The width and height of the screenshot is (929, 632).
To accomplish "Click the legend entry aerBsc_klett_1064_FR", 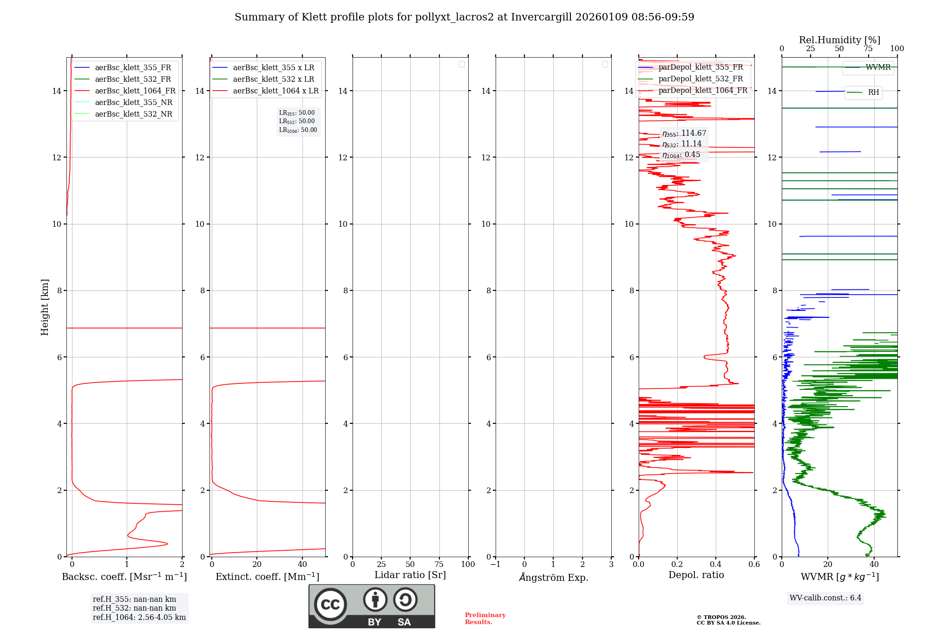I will (x=135, y=91).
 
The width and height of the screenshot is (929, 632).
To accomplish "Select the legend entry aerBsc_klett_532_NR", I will (x=133, y=114).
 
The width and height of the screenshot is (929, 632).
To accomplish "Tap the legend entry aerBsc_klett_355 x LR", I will (x=273, y=68).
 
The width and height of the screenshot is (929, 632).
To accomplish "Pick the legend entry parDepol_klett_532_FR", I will (x=700, y=79).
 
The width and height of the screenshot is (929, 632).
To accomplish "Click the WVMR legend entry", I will (x=877, y=67).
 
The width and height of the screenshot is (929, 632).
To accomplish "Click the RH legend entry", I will (x=873, y=92).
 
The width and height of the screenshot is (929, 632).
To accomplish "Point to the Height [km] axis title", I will (x=45, y=307).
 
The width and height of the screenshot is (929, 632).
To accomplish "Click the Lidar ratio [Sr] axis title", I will (x=410, y=575).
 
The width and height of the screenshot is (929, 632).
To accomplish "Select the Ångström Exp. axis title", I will (x=553, y=578).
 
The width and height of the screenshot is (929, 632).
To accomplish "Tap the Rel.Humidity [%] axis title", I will (x=839, y=40).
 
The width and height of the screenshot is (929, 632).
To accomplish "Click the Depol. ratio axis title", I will (x=696, y=575).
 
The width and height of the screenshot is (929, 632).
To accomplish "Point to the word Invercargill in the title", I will (x=542, y=17).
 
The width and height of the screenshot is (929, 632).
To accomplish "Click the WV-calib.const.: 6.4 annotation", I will (x=825, y=598).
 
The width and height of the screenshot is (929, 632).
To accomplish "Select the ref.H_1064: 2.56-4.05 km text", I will (x=139, y=618).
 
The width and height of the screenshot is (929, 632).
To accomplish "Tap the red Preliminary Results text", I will (x=485, y=619).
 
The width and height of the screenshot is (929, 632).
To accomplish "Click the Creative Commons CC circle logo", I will (x=330, y=605).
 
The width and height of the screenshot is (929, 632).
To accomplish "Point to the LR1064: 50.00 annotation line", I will (x=298, y=130).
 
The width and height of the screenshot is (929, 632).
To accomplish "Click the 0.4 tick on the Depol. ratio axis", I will (x=716, y=565).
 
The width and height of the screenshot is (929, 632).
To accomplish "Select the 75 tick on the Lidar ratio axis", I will (x=439, y=565).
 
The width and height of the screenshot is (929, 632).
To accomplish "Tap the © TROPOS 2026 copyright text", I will (x=721, y=618).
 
